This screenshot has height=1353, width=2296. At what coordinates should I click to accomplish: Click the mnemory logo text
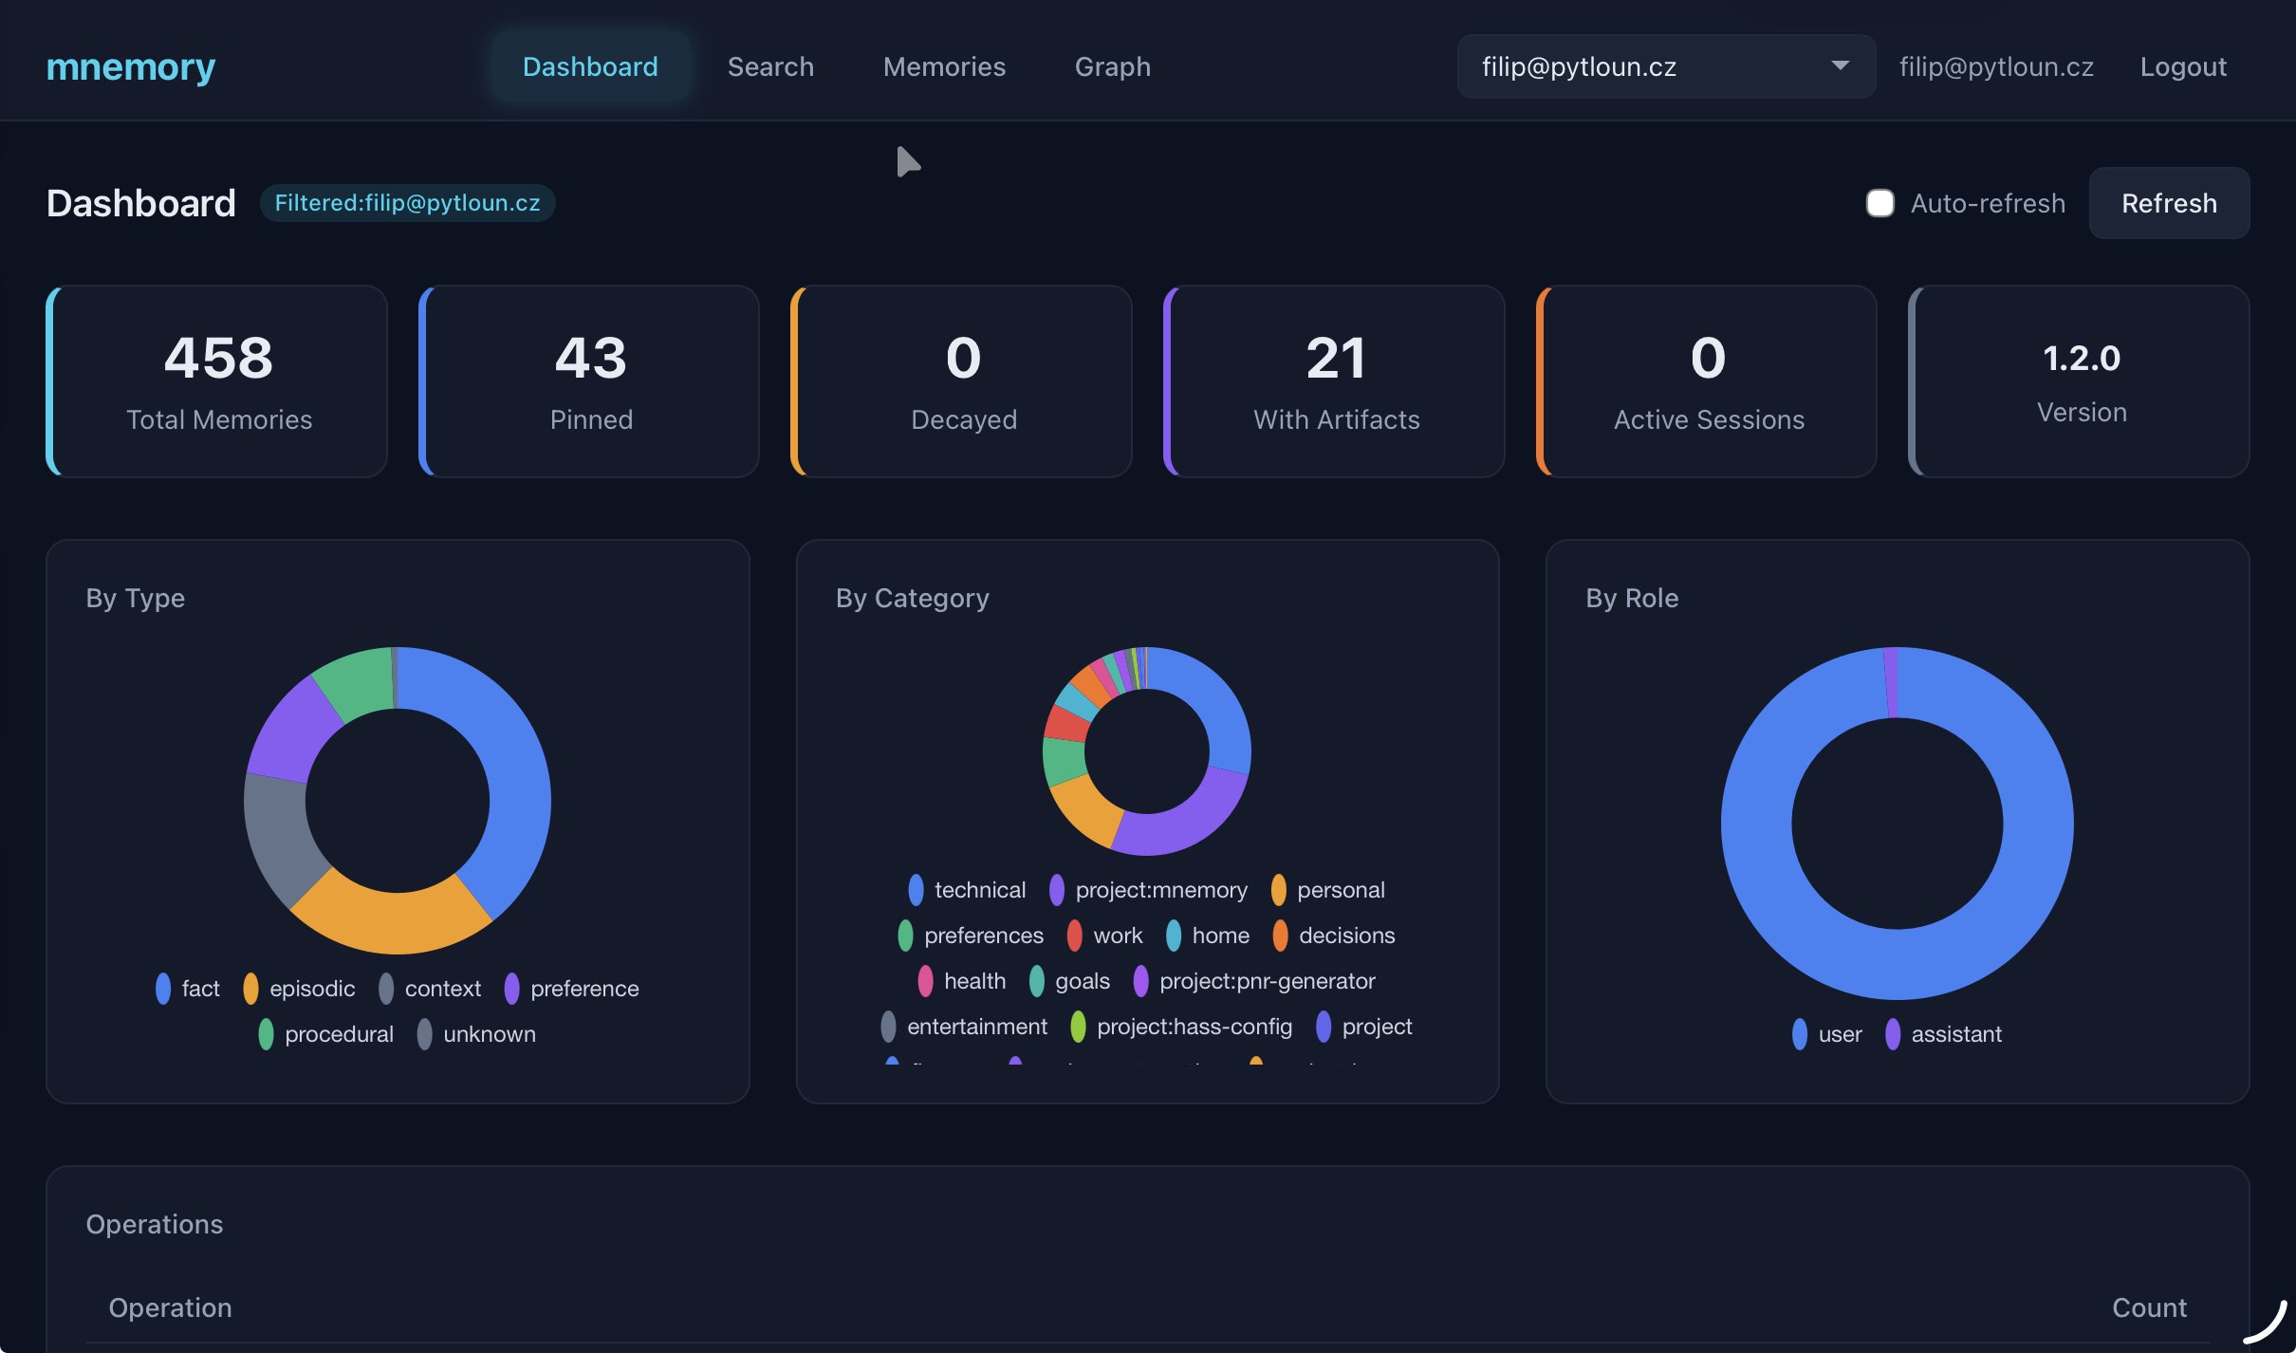[x=131, y=66]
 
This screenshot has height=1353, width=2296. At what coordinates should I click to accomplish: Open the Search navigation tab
[x=770, y=66]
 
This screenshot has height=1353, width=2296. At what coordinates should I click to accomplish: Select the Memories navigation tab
[x=944, y=66]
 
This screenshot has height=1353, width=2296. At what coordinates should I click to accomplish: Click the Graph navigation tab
[x=1112, y=66]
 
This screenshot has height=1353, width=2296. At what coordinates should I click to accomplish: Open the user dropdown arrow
[x=1840, y=65]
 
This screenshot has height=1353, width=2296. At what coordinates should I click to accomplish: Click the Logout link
[x=2182, y=66]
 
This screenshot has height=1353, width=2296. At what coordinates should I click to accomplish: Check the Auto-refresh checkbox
[x=1879, y=203]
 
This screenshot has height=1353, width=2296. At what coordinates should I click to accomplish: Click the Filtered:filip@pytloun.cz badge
[x=407, y=203]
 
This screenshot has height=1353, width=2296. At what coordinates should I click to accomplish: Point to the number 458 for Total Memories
[x=218, y=358]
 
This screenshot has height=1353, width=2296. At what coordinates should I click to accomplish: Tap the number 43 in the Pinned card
[x=591, y=358]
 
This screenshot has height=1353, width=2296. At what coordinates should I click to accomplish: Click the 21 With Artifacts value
[x=1336, y=358]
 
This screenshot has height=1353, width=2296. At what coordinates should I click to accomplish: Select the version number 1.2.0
[x=2081, y=358]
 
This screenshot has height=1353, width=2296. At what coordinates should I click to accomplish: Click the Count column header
[x=2148, y=1307]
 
